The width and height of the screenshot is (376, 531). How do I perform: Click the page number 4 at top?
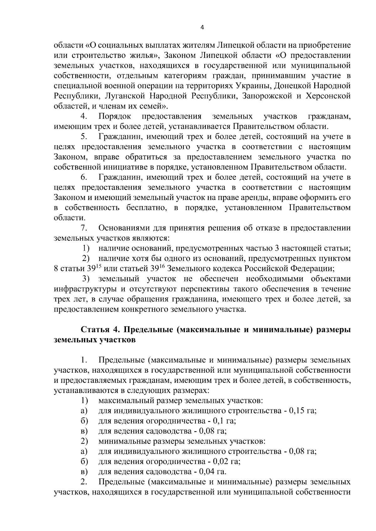202,28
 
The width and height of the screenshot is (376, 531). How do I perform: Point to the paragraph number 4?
84,116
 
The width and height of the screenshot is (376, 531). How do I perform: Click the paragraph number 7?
84,228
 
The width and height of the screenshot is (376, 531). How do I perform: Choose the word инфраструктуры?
84,289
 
